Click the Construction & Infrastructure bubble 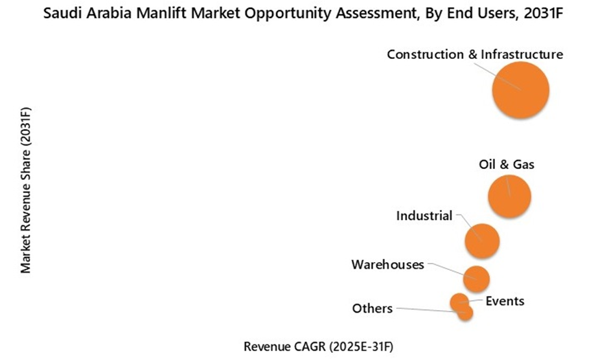coord(520,90)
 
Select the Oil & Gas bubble coord(509,197)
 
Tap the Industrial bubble coord(482,241)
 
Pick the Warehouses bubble coord(476,278)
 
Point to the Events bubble coord(459,300)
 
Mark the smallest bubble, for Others coord(465,313)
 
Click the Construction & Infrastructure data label coord(474,54)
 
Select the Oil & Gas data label coord(507,164)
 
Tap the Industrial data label coord(424,216)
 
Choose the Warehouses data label coord(387,264)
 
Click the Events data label coord(505,301)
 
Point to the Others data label coord(372,308)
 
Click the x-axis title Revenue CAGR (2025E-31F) coord(317,346)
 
